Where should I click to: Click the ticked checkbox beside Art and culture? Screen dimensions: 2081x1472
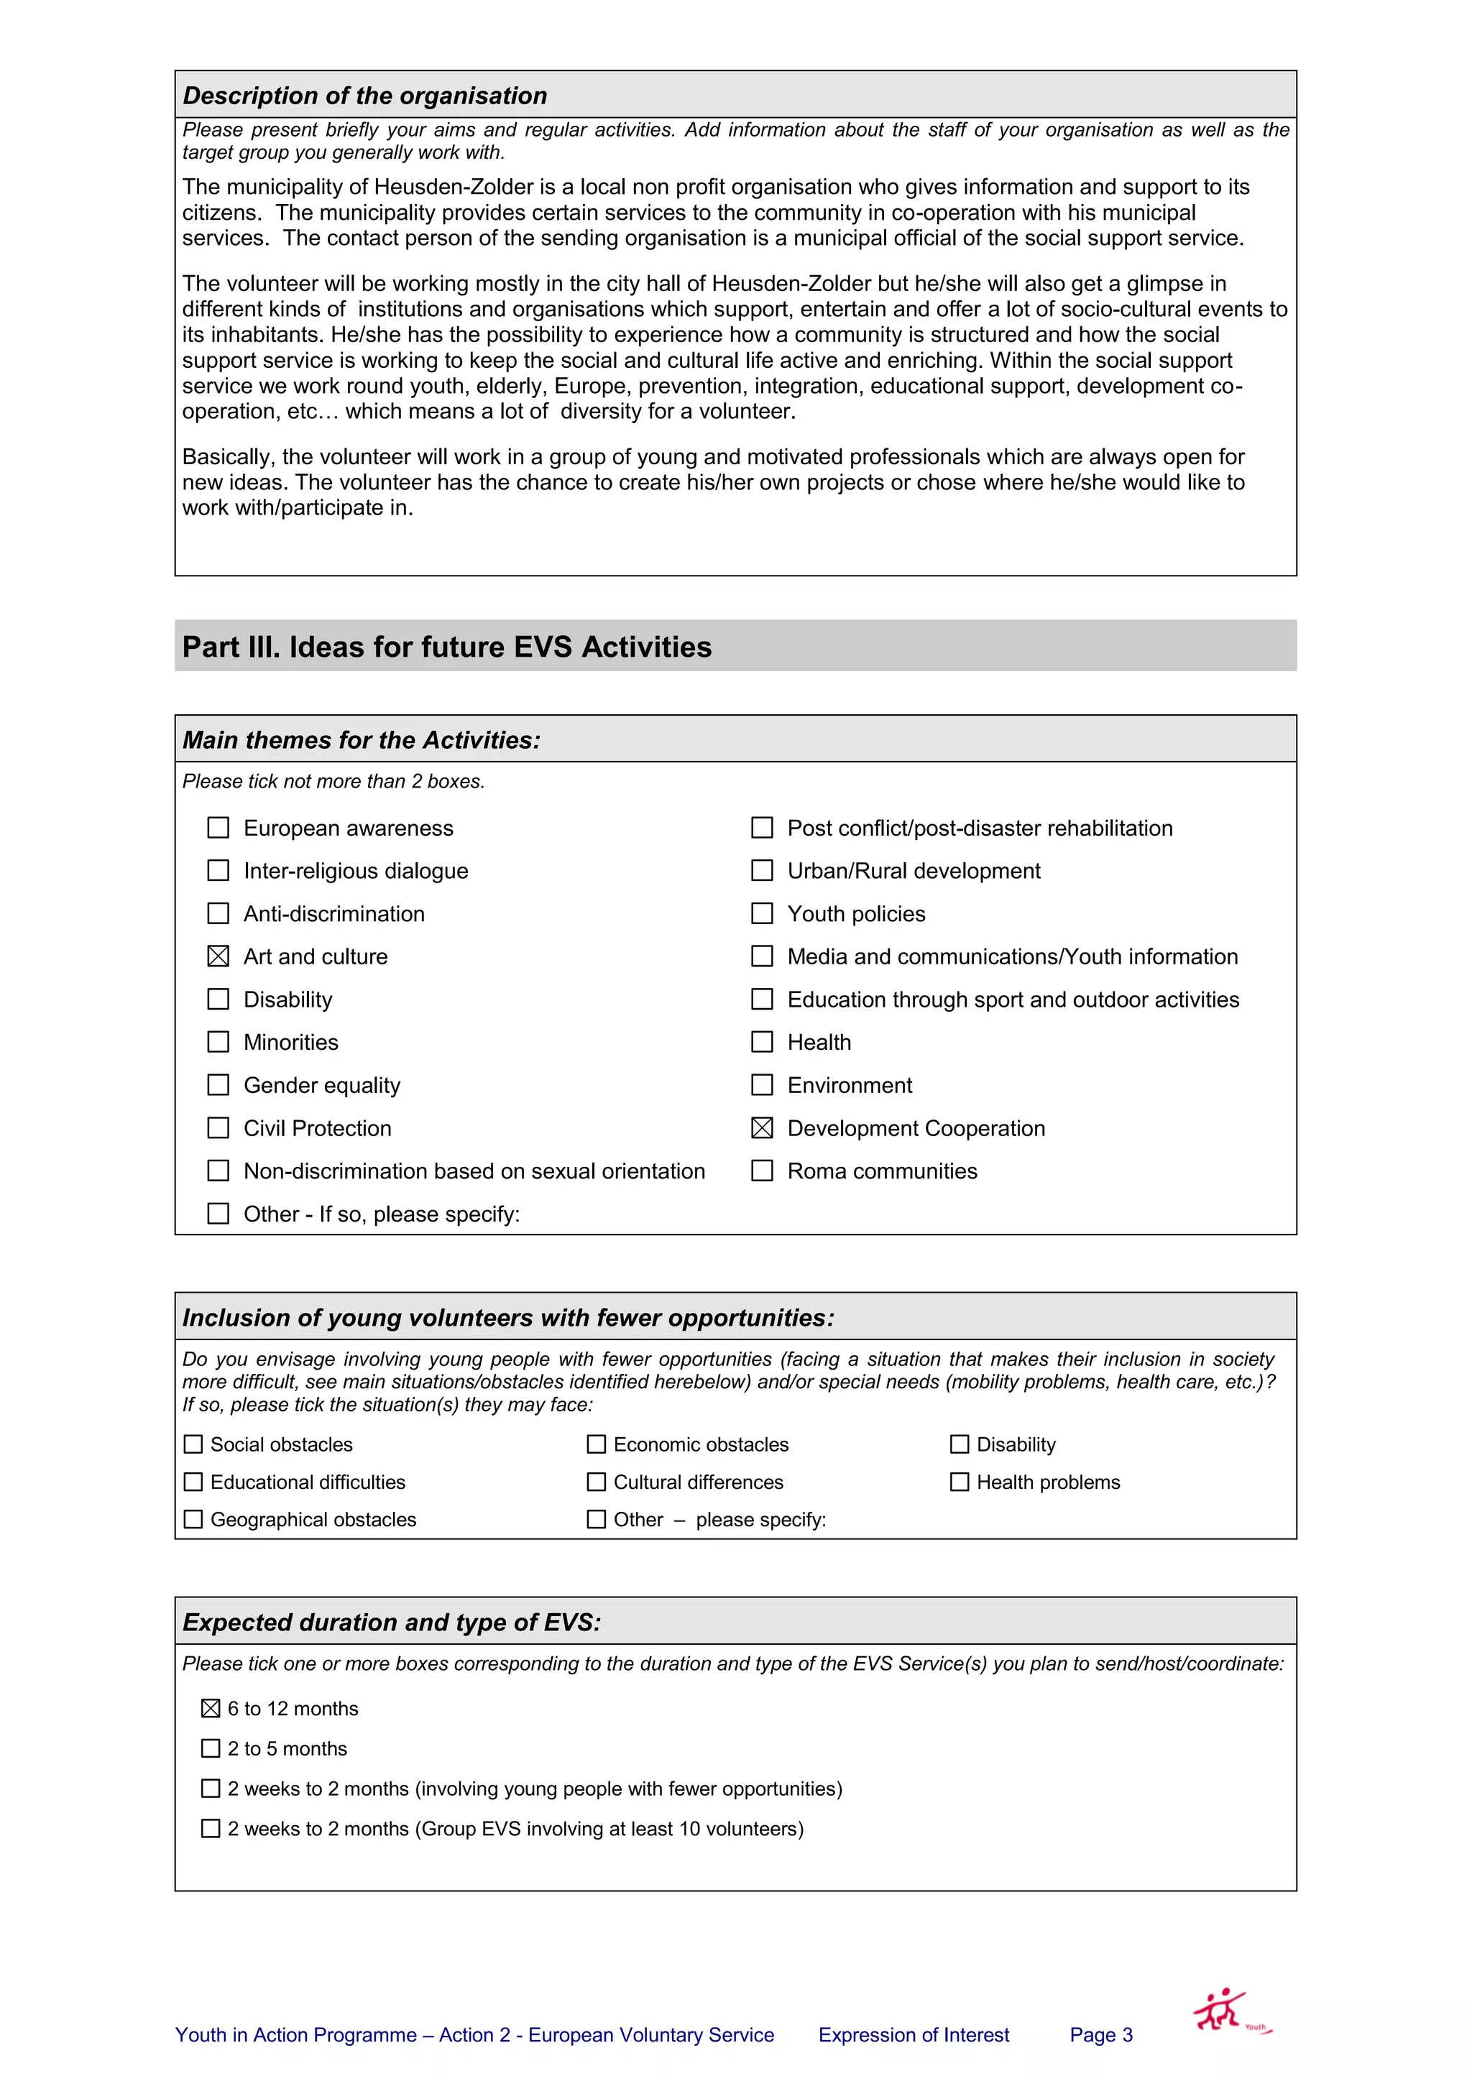click(218, 956)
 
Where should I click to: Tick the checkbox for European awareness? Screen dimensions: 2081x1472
click(218, 828)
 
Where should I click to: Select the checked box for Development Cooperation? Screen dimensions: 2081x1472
click(763, 1127)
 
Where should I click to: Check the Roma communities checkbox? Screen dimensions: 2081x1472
click(763, 1171)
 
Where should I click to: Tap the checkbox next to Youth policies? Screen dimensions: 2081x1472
click(763, 913)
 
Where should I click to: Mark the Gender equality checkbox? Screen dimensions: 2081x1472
click(218, 1085)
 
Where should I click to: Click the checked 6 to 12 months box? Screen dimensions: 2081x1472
click(211, 1709)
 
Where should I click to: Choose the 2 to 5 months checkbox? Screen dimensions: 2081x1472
click(211, 1748)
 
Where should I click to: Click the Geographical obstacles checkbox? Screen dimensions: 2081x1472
click(193, 1519)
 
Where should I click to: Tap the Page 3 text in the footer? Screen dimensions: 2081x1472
click(1100, 2035)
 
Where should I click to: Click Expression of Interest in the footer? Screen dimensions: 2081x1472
click(913, 2035)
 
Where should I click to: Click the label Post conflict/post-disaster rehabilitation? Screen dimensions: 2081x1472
click(979, 828)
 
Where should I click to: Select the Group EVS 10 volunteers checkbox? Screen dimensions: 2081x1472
click(211, 1828)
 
